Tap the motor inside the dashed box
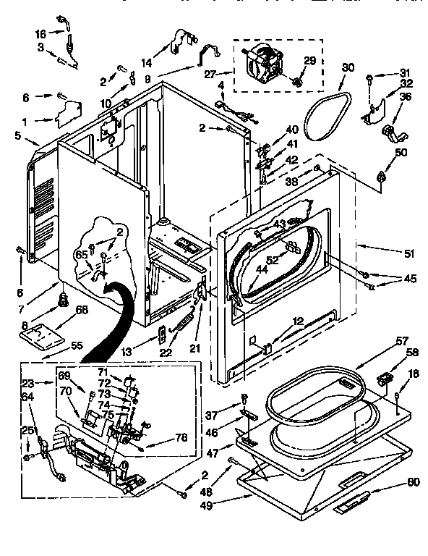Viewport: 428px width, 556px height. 265,64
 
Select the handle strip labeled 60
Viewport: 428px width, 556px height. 353,502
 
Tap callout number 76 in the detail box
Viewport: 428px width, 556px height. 181,438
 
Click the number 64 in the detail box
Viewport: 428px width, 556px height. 28,396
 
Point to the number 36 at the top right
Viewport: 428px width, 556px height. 406,97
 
